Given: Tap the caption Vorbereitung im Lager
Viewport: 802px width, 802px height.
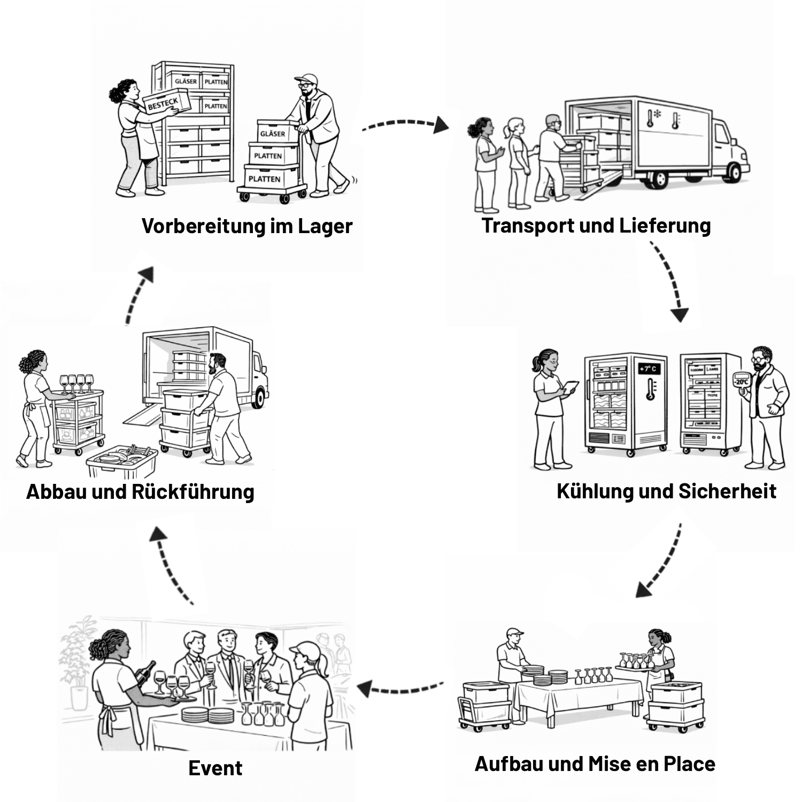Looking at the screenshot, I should pyautogui.click(x=247, y=226).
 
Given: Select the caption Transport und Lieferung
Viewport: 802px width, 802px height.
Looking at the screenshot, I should pyautogui.click(x=596, y=225).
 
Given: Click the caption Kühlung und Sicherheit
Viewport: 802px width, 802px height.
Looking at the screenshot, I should pyautogui.click(x=666, y=491).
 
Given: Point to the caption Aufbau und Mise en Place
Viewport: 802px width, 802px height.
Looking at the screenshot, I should pyautogui.click(x=595, y=764).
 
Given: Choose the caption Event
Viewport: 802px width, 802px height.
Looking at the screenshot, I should pyautogui.click(x=215, y=768).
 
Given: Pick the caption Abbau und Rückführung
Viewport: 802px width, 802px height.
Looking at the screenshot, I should pyautogui.click(x=140, y=491).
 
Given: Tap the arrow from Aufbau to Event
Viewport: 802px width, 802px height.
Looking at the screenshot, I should pyautogui.click(x=400, y=689).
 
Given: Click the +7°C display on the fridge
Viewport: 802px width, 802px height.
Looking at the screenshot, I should pyautogui.click(x=649, y=369).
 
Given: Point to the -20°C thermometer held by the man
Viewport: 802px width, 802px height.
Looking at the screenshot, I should pyautogui.click(x=742, y=381).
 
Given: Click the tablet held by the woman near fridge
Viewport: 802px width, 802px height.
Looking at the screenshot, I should pyautogui.click(x=571, y=386).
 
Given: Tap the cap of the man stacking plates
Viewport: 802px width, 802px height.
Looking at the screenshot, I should pyautogui.click(x=515, y=633).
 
